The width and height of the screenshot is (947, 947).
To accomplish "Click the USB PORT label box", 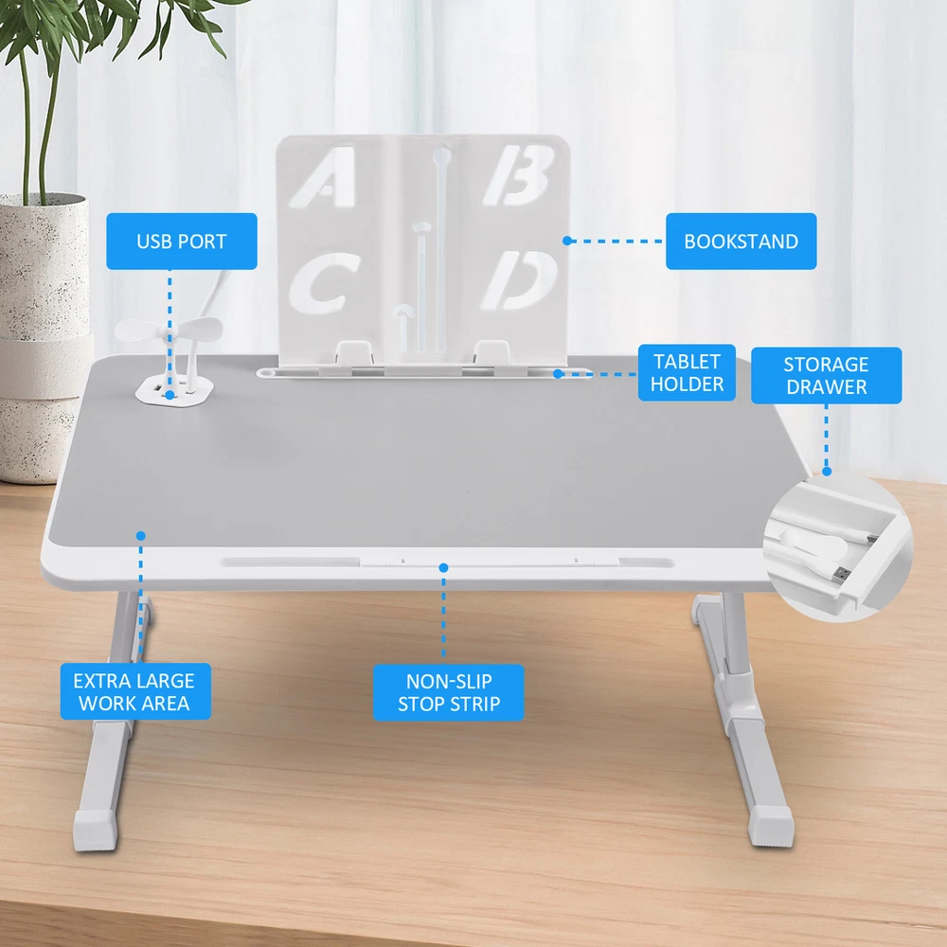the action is click(x=182, y=241).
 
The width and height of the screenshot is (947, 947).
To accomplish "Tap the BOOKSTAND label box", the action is click(x=742, y=241).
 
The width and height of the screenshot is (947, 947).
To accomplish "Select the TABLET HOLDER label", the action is click(x=687, y=372).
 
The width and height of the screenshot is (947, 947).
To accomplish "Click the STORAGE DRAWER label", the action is click(x=826, y=375).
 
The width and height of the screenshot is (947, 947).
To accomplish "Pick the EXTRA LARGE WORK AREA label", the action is click(x=135, y=691).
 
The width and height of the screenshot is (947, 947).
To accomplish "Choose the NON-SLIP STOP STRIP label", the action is click(x=448, y=692).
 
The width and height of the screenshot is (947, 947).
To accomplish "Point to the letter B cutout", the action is click(x=519, y=174).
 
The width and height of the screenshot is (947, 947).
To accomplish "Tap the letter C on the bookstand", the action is click(x=324, y=283).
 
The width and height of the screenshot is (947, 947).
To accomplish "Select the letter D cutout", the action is click(x=519, y=280).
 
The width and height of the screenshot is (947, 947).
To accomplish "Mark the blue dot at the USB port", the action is click(x=170, y=395).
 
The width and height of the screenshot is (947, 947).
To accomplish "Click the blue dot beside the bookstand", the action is click(x=566, y=241).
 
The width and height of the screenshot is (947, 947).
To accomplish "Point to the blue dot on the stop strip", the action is click(x=443, y=567).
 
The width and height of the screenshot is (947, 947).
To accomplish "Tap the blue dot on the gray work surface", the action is click(x=141, y=536).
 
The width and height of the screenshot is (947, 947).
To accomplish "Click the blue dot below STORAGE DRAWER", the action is click(x=827, y=471).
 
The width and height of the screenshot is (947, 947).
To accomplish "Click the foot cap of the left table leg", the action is click(x=96, y=831).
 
